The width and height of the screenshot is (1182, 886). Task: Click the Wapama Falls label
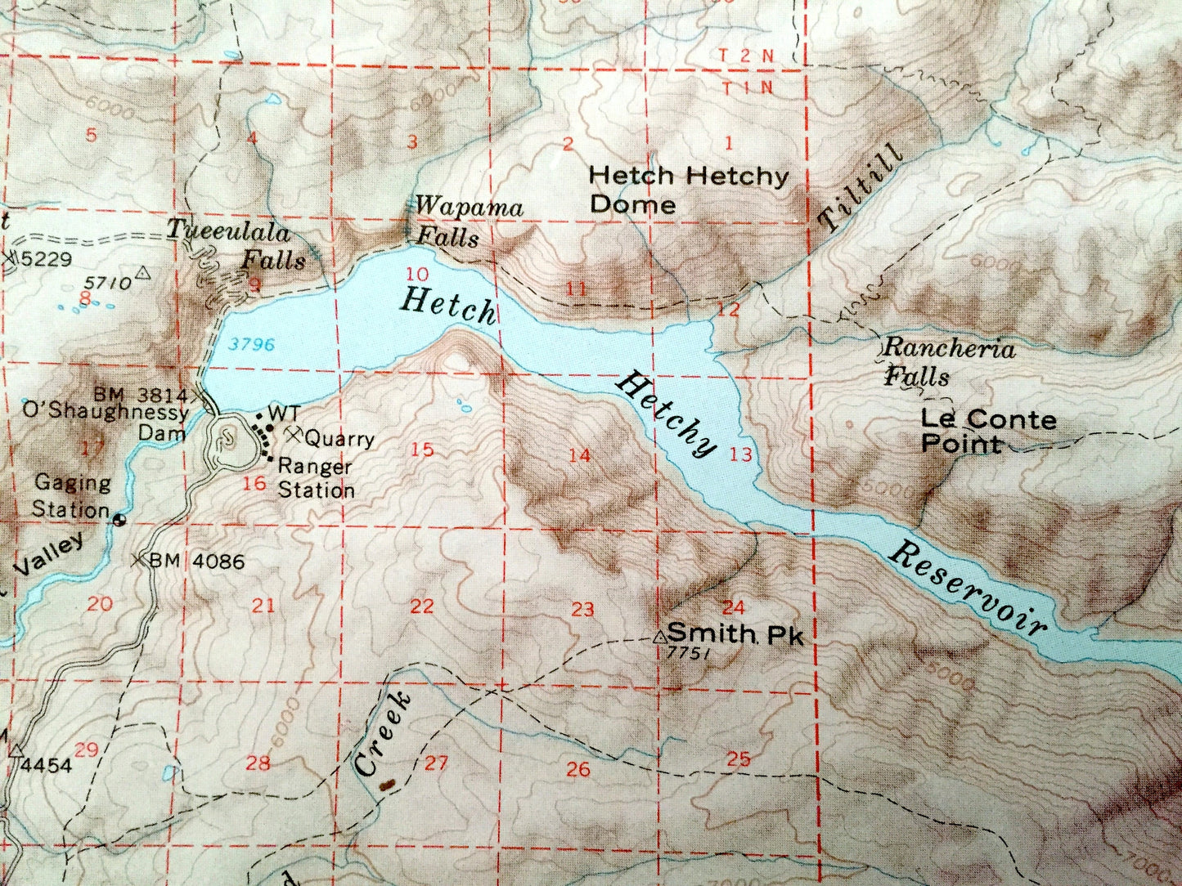point(467,221)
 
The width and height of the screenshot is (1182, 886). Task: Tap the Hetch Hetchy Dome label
point(689,189)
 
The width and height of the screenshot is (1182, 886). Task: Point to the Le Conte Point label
point(988,432)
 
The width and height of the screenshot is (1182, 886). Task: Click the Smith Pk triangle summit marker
point(660,635)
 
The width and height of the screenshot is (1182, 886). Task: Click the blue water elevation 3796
point(251,345)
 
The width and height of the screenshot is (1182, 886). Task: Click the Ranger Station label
point(316,478)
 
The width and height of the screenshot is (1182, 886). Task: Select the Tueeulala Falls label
point(236,246)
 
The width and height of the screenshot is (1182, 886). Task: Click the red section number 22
point(421,606)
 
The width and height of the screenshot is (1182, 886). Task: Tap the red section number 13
point(740,455)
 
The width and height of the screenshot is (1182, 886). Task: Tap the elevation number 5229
point(47,260)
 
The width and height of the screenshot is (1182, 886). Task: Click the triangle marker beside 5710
point(144,273)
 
